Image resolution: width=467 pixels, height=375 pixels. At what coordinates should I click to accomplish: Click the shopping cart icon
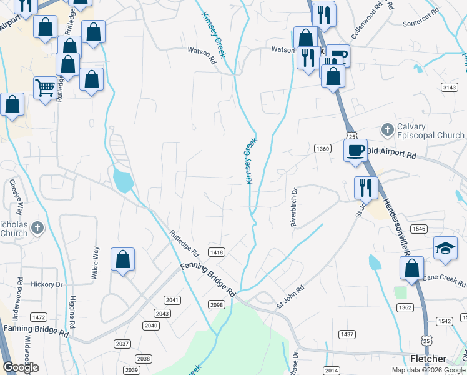(x=45, y=89)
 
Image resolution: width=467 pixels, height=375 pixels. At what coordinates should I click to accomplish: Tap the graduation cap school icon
(x=446, y=249)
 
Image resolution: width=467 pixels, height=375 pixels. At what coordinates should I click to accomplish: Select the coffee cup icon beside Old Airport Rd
(x=355, y=150)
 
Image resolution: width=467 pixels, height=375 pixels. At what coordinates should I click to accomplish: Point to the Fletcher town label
(x=428, y=359)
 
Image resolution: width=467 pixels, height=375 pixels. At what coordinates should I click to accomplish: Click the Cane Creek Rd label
(x=444, y=277)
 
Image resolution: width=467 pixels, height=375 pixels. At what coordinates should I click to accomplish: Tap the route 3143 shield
(x=448, y=87)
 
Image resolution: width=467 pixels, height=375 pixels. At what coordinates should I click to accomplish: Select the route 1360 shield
(x=322, y=148)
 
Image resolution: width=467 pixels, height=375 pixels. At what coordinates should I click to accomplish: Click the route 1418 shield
(x=217, y=252)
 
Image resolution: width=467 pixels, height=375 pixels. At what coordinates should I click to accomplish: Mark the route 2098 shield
(x=217, y=304)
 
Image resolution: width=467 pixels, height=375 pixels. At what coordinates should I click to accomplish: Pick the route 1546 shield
(x=419, y=229)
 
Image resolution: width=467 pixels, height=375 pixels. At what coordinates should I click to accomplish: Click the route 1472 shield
(x=39, y=317)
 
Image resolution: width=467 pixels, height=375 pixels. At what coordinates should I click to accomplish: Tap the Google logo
(x=21, y=367)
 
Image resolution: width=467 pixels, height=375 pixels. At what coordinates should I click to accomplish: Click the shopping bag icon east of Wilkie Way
(x=123, y=259)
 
